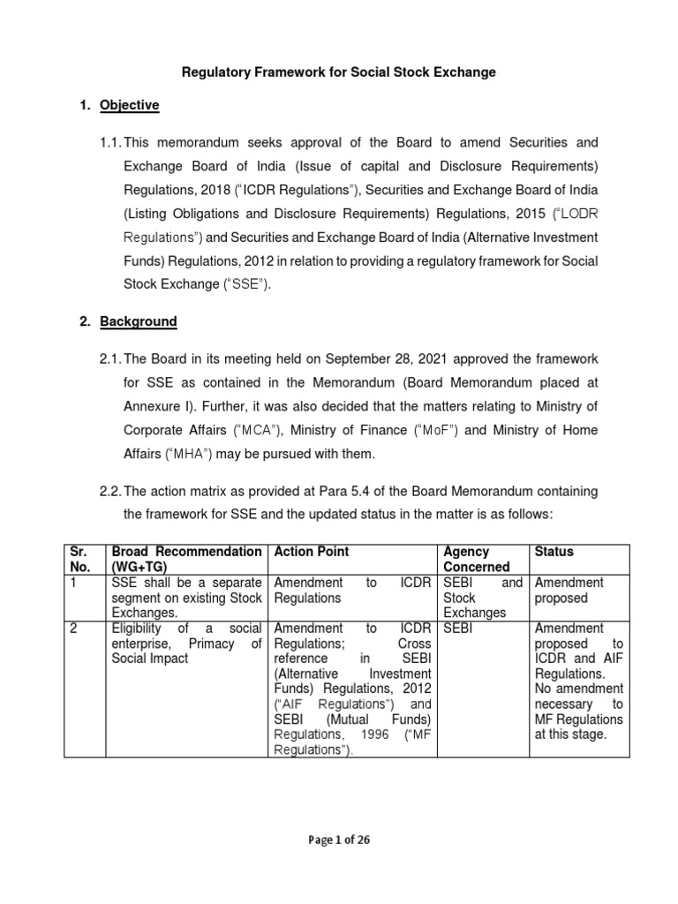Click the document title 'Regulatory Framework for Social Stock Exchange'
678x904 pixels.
pos(338,72)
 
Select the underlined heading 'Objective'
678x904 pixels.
pos(129,105)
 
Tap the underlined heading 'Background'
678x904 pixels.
pos(138,322)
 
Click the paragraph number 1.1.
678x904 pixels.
pos(109,142)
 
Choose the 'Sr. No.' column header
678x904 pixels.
pos(82,559)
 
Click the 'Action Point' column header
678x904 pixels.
pos(312,552)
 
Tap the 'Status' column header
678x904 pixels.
pos(554,552)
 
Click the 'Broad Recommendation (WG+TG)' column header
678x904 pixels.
pos(185,559)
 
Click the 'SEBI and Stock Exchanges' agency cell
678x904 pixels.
pos(483,598)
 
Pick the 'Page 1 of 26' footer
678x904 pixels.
pos(338,840)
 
